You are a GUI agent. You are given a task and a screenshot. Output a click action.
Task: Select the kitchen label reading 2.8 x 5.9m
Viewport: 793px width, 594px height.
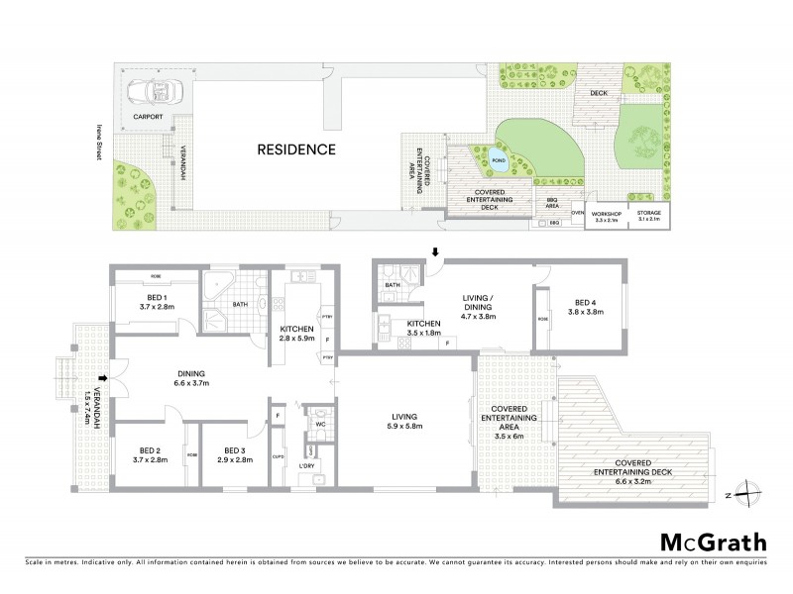coord(296,334)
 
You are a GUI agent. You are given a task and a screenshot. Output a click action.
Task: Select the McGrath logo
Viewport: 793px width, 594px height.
coord(712,542)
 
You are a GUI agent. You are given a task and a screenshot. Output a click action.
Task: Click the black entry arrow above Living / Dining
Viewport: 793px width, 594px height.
coord(433,253)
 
